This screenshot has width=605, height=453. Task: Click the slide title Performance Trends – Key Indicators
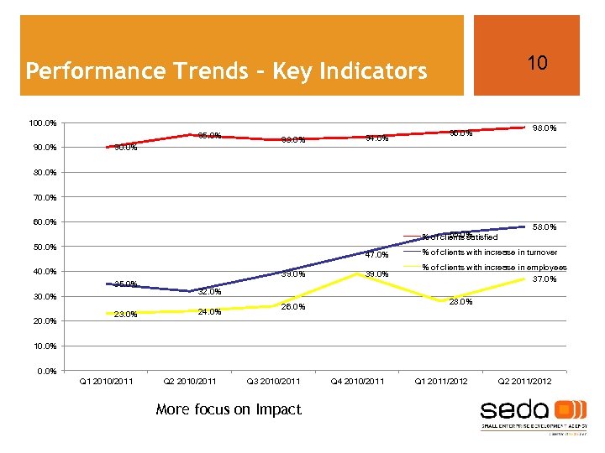[x=226, y=70]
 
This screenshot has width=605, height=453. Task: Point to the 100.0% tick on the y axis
[x=42, y=123]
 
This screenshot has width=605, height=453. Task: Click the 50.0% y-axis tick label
[x=44, y=247]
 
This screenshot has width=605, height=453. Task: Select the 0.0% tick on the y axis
[x=46, y=371]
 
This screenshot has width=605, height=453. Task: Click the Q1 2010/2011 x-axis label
[x=106, y=382]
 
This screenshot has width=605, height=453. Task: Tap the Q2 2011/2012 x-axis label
[x=524, y=382]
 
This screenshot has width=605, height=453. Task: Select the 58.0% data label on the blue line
[x=546, y=227]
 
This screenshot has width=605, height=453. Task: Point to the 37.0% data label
[x=546, y=279]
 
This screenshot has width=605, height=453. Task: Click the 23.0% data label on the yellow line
[x=125, y=315]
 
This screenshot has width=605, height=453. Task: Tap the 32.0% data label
[x=209, y=292]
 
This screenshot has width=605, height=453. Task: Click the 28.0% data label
[x=460, y=302]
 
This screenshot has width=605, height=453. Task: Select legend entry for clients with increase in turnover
[x=488, y=252]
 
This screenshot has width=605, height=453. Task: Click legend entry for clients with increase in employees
[x=493, y=268]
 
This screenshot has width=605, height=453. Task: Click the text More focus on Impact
[x=228, y=409]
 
